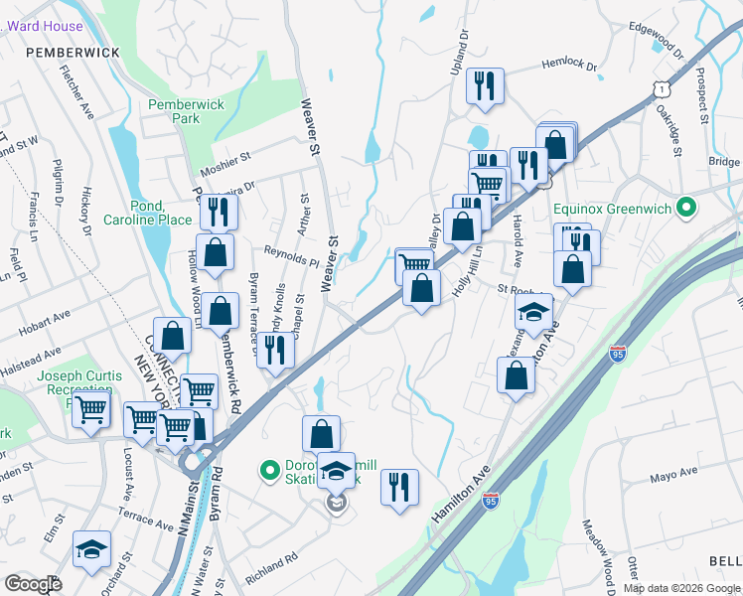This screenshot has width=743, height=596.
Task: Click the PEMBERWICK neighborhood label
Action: pos(73,52)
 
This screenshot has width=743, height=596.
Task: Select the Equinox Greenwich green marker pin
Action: pos(684,208)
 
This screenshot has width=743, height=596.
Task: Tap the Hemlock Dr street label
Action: pos(569,66)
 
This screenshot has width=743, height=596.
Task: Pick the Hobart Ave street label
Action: pos(48,318)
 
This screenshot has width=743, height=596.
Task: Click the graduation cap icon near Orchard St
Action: pos(92,548)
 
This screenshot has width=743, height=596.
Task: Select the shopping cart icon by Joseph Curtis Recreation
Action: pos(91,406)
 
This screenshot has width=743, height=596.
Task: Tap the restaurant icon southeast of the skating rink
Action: pos(399,487)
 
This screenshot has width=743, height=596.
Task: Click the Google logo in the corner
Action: pos(33,583)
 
